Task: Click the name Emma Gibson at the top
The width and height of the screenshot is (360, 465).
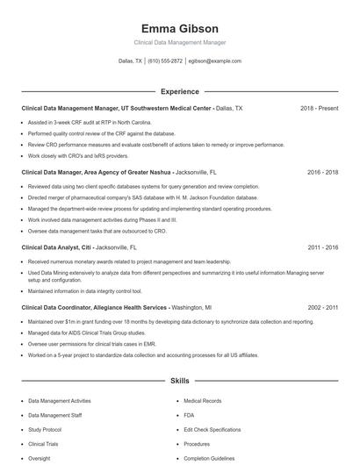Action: pyautogui.click(x=179, y=29)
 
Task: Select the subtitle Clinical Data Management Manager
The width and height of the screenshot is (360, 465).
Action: pyautogui.click(x=179, y=42)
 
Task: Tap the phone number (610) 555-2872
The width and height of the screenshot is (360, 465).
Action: pyautogui.click(x=165, y=61)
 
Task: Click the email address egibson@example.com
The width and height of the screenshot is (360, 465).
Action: pyautogui.click(x=215, y=61)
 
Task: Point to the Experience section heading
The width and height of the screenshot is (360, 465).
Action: pyautogui.click(x=179, y=91)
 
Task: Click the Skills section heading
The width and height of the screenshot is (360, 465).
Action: pyautogui.click(x=179, y=382)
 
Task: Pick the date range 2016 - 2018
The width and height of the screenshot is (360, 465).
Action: pyautogui.click(x=322, y=173)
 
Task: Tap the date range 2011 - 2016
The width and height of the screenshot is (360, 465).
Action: pyautogui.click(x=322, y=247)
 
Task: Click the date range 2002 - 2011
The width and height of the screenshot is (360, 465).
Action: pyautogui.click(x=322, y=308)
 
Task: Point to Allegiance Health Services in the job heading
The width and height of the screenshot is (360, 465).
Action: pyautogui.click(x=128, y=308)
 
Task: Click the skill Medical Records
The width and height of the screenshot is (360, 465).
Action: pyautogui.click(x=202, y=400)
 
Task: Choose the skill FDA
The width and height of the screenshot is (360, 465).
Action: pyautogui.click(x=189, y=415)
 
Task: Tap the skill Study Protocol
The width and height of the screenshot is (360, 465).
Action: pyautogui.click(x=45, y=430)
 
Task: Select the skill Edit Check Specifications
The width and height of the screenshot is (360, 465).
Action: pyautogui.click(x=212, y=430)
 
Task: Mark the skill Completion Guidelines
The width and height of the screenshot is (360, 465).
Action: pyautogui.click(x=209, y=458)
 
